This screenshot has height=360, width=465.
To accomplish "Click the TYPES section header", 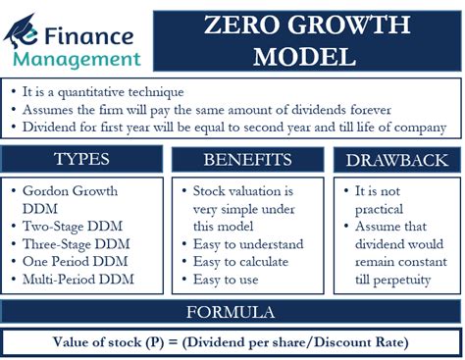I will pos(83,159).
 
